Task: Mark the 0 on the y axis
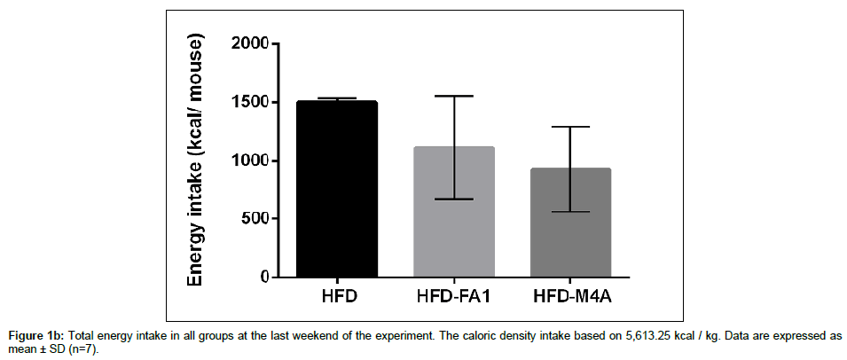click(263, 278)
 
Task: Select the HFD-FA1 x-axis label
click(454, 296)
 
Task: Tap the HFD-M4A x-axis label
click(571, 296)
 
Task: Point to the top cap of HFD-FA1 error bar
click(454, 96)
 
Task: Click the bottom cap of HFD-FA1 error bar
click(454, 199)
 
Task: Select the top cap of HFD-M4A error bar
click(571, 127)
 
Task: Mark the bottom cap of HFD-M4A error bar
click(571, 212)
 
